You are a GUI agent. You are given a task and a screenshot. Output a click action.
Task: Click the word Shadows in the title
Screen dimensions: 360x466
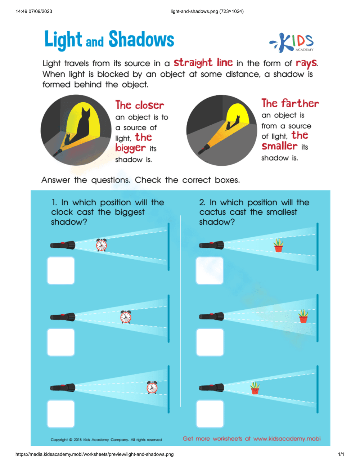141,39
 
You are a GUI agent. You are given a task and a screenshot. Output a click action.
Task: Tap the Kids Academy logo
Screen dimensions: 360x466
292,42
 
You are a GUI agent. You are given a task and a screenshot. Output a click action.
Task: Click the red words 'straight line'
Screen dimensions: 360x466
203,63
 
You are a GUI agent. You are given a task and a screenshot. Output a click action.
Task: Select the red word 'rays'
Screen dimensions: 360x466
306,63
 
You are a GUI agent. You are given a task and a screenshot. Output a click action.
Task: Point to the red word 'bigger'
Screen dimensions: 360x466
130,148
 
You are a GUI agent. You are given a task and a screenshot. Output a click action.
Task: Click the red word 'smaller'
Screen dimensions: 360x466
279,146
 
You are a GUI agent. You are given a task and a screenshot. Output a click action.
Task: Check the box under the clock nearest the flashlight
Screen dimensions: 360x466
61,270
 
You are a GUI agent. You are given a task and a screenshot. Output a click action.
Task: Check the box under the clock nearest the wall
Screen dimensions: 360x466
61,414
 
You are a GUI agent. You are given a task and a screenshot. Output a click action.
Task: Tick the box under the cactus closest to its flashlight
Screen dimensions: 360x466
210,414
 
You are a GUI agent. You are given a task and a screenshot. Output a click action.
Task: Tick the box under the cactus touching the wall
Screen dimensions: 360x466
210,342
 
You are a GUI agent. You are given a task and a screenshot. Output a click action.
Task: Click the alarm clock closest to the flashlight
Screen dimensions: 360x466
102,245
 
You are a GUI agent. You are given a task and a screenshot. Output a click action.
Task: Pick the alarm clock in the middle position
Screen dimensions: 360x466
126,317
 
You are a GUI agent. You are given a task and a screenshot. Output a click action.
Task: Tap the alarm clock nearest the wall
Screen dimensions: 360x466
152,387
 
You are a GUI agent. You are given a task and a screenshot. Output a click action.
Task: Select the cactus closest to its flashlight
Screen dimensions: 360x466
255,388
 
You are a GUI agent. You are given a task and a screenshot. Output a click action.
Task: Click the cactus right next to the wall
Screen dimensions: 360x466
303,316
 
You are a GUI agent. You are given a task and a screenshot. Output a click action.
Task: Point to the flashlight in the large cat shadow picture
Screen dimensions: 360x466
58,152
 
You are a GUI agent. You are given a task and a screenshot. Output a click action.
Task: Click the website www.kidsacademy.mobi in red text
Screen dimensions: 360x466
287,439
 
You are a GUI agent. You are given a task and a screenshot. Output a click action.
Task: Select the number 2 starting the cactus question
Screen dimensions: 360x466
202,202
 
